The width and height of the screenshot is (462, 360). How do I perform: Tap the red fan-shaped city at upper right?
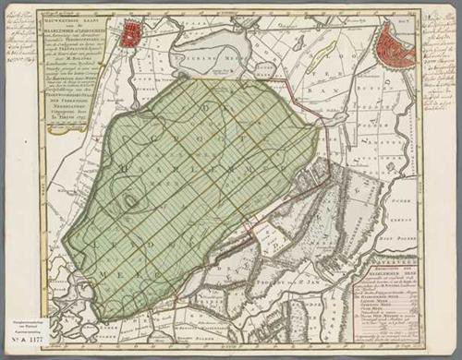(x=395, y=46)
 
